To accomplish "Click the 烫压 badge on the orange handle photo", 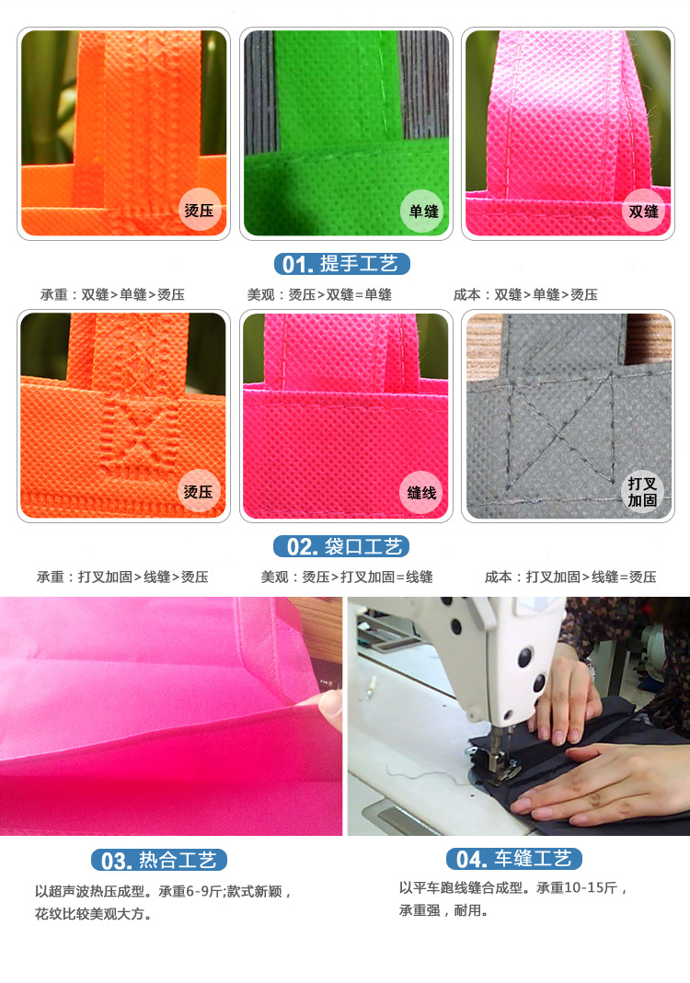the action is (x=199, y=210).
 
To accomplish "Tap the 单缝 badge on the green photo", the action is (x=422, y=211).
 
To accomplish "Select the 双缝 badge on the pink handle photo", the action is (x=643, y=211).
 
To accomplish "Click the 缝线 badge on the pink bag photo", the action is (x=421, y=493).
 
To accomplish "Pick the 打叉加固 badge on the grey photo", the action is (x=642, y=492).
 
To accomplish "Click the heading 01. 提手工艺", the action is (x=342, y=264).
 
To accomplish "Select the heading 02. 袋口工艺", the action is (x=342, y=546).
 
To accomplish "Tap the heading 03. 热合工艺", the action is (x=159, y=860).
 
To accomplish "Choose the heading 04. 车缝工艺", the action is (x=513, y=859).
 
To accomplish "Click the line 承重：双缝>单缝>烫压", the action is (x=112, y=294).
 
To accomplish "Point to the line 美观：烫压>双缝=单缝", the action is (x=319, y=294).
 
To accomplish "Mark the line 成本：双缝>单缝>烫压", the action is (x=525, y=294).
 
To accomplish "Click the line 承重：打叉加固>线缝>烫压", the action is (x=122, y=577).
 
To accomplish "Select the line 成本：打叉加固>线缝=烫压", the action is (x=570, y=577).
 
